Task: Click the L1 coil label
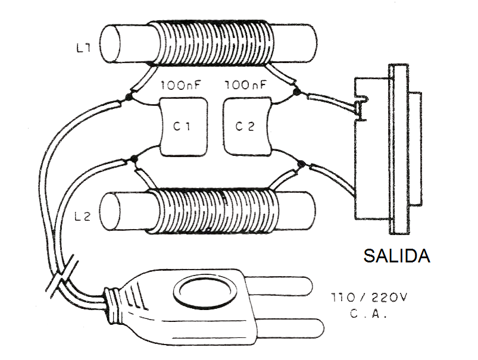pyautogui.click(x=83, y=49)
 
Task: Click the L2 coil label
pyautogui.click(x=83, y=217)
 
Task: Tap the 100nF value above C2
pyautogui.click(x=246, y=86)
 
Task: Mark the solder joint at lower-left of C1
pyautogui.click(x=133, y=159)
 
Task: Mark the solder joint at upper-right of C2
pyautogui.click(x=297, y=93)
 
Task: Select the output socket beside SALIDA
pyautogui.click(x=387, y=149)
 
